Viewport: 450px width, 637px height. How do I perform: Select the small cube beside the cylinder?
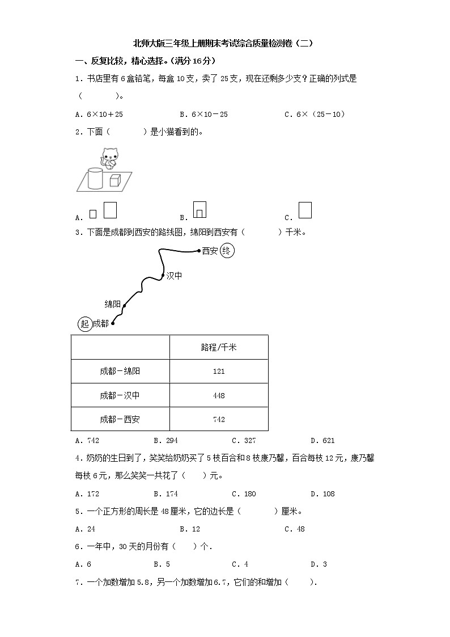pyautogui.click(x=115, y=180)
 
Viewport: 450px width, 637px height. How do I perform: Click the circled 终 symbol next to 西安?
pyautogui.click(x=227, y=250)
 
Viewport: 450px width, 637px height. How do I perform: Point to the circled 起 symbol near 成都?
pyautogui.click(x=84, y=323)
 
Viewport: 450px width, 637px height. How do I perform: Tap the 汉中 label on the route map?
pyautogui.click(x=174, y=276)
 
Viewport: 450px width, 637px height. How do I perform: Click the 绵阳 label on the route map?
pyautogui.click(x=113, y=304)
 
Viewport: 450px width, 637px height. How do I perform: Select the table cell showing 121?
pyautogui.click(x=219, y=372)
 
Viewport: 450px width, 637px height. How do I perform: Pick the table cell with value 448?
pyautogui.click(x=219, y=395)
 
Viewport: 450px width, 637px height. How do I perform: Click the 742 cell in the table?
pyautogui.click(x=219, y=419)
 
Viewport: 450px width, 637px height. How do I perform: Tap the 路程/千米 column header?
pyautogui.click(x=219, y=347)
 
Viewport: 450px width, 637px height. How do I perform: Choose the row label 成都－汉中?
pyautogui.click(x=120, y=395)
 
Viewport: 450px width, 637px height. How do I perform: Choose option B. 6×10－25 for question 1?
pyautogui.click(x=203, y=114)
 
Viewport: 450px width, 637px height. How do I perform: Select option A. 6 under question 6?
pyautogui.click(x=83, y=564)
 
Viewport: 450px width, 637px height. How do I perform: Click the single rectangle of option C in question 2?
pyautogui.click(x=305, y=210)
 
